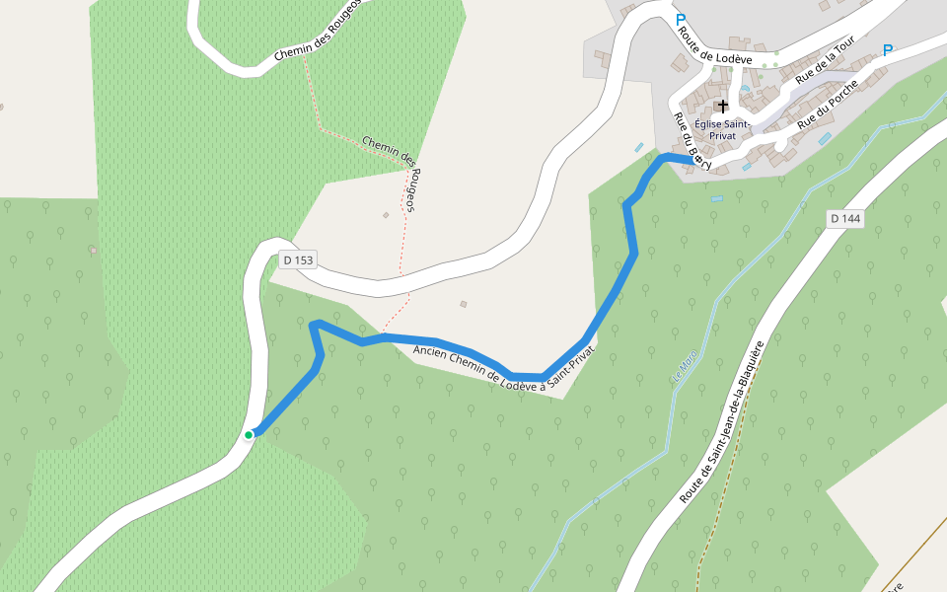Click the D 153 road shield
297,260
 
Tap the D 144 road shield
846,218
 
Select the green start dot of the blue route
250,434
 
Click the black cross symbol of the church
723,106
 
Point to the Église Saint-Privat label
722,129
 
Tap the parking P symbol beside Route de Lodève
680,19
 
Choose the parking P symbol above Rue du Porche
888,50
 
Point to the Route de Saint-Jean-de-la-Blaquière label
722,423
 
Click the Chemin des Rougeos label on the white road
318,35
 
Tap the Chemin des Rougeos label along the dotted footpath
393,174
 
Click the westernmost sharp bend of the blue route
315,325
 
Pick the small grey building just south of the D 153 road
463,304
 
